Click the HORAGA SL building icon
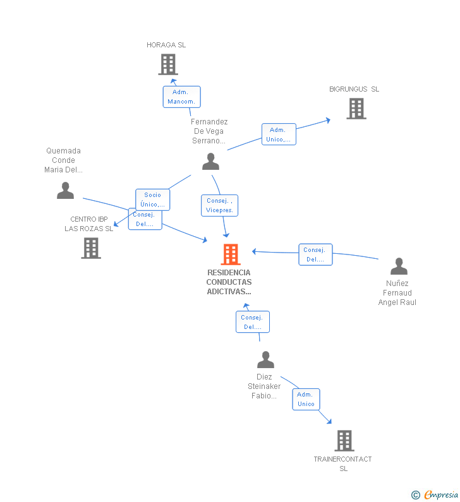[167, 64]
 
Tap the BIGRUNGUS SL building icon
[356, 109]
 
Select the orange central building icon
[231, 254]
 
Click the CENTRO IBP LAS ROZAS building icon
[91, 248]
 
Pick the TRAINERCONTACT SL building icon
[344, 440]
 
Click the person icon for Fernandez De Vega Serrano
[210, 162]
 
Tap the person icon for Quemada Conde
[65, 191]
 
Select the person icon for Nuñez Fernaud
[399, 266]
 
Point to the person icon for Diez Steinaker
[265, 360]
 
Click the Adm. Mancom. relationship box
[181, 97]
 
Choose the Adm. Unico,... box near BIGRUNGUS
[279, 134]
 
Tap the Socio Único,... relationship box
[152, 200]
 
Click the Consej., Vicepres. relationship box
[219, 205]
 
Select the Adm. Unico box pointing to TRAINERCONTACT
[306, 399]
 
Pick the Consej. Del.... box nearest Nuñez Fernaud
[315, 254]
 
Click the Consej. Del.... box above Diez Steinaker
[252, 322]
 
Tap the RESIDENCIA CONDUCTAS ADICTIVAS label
[229, 282]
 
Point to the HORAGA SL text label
[166, 45]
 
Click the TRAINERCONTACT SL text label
[342, 463]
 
